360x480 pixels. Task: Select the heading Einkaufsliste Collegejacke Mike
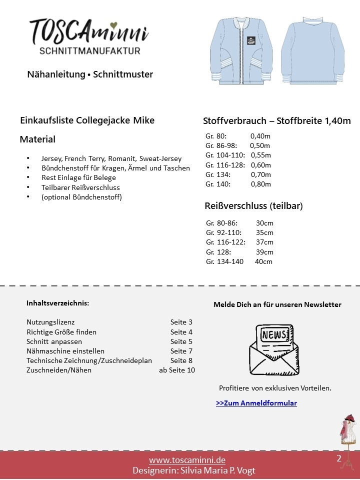coord(87,120)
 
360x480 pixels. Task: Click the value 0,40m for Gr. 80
coord(260,136)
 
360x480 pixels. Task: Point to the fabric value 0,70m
coord(260,174)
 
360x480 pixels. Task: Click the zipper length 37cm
coord(264,242)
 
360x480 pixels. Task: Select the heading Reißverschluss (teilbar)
coord(253,205)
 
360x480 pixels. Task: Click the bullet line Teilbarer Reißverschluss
coord(80,187)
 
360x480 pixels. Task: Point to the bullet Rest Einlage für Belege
coord(78,178)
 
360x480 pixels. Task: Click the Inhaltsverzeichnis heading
coord(58,303)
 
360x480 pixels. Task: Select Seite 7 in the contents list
coord(181,351)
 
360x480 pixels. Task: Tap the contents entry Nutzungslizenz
coord(50,322)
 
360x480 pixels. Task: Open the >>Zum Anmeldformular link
coord(256,403)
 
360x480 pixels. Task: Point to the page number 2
coord(339,458)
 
